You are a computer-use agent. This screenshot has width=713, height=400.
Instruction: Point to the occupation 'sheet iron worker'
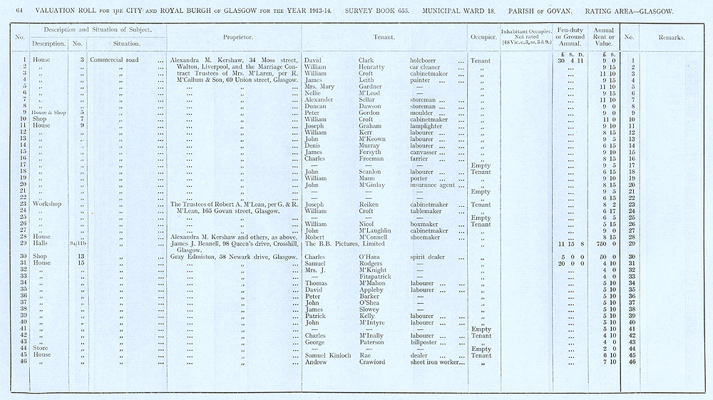click(x=437, y=362)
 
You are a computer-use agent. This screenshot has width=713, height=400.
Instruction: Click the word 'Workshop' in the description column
click(x=46, y=204)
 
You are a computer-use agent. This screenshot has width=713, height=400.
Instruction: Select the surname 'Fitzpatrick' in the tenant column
click(x=376, y=277)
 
